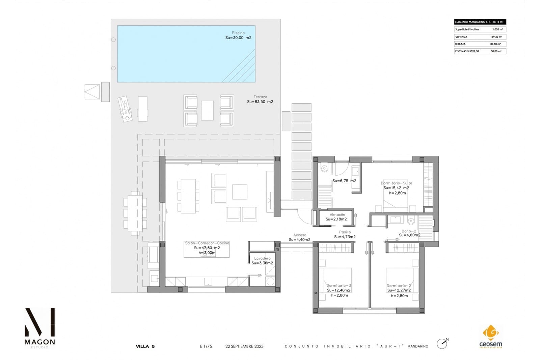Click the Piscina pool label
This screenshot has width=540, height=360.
[238, 33]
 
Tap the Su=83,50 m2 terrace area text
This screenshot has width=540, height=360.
[260, 102]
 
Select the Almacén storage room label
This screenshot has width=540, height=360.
[337, 214]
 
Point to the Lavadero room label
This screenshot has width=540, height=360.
[262, 258]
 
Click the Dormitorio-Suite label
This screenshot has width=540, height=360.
[396, 183]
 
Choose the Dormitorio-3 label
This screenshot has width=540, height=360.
[339, 286]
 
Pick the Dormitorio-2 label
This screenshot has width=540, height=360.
[399, 286]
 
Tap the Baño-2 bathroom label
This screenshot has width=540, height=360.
[409, 231]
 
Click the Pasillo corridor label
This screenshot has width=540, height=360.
[345, 232]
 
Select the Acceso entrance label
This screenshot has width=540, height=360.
[300, 235]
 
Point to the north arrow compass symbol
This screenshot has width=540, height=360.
[442, 343]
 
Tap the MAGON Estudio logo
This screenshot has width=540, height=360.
[39, 328]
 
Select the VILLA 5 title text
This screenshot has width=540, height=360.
[145, 346]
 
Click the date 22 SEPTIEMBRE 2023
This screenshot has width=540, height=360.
[244, 346]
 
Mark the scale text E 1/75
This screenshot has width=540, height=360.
[206, 346]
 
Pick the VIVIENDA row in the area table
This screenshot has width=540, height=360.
[480, 37]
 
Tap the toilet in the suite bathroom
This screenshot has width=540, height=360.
[324, 168]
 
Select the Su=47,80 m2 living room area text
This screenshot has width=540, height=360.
[207, 248]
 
